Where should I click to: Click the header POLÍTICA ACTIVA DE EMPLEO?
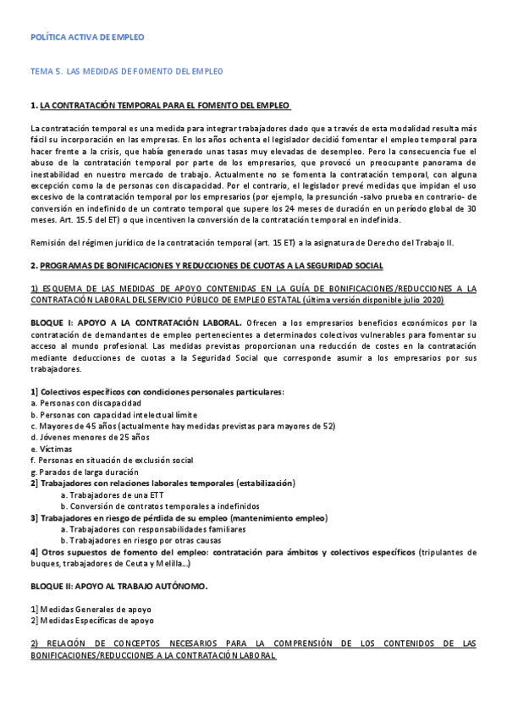(x=86, y=38)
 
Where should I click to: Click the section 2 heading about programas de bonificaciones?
(x=207, y=266)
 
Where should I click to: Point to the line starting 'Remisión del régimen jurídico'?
(x=241, y=242)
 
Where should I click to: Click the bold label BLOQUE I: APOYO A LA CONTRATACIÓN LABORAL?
(x=135, y=322)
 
